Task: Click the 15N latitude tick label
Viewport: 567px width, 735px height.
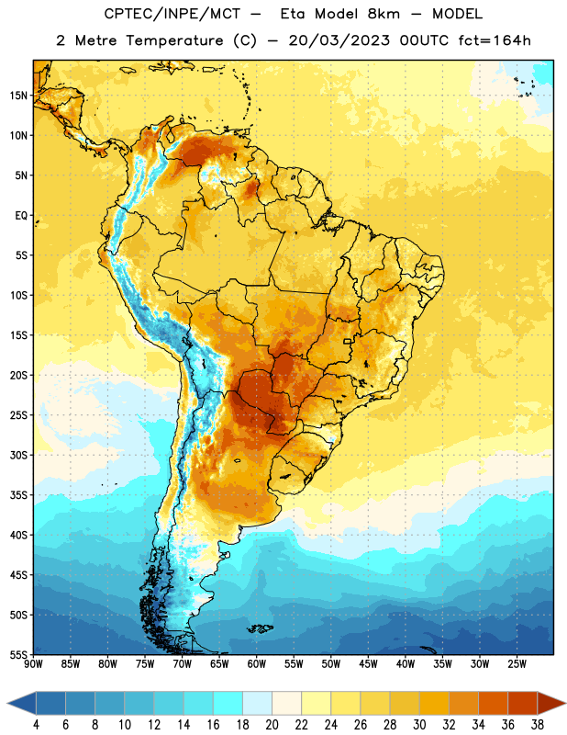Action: [x=18, y=96]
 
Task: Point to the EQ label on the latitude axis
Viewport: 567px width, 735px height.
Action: [x=21, y=216]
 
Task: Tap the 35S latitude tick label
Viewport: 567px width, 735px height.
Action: [x=18, y=495]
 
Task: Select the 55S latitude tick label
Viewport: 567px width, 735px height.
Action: [x=18, y=654]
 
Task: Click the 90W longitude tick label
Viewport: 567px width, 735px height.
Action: [x=33, y=664]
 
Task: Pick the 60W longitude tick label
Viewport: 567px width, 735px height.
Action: [x=257, y=664]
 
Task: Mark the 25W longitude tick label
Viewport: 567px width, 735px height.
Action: [x=517, y=664]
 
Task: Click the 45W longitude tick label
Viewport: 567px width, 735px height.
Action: [x=368, y=664]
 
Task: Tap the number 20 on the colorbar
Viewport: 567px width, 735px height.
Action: [x=272, y=725]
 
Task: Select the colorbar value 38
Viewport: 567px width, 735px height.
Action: [x=537, y=725]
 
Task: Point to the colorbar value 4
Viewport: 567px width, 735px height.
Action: [x=36, y=725]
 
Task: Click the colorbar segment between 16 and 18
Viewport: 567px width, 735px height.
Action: [x=228, y=703]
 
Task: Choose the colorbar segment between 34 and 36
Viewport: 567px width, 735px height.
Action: [x=493, y=703]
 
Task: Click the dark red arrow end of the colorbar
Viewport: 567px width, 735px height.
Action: [x=550, y=703]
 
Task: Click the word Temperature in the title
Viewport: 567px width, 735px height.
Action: [x=174, y=40]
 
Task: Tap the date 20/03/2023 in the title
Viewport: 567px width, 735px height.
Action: [x=339, y=40]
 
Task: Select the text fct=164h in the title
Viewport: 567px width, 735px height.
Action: [x=495, y=40]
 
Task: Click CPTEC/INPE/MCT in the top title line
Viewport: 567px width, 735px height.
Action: [x=172, y=14]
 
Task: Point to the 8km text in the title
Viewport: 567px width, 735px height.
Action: [x=384, y=14]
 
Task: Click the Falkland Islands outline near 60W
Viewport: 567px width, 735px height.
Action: [x=260, y=628]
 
